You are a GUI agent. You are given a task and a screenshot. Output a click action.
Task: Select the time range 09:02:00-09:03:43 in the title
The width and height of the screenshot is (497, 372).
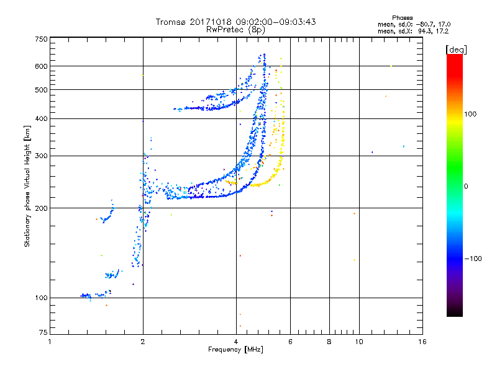pyautogui.click(x=276, y=22)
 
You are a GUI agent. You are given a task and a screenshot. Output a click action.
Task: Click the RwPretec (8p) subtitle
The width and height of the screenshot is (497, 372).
pyautogui.click(x=235, y=30)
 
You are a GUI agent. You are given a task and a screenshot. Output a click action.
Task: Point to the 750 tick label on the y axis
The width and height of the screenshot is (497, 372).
pyautogui.click(x=42, y=39)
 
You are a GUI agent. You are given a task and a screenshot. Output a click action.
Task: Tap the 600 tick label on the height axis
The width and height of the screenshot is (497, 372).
pyautogui.click(x=42, y=66)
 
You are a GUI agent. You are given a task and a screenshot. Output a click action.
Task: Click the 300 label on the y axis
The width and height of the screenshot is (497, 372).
pyautogui.click(x=42, y=156)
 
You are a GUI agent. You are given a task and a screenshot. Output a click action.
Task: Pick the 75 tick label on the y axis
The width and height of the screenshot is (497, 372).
pyautogui.click(x=43, y=332)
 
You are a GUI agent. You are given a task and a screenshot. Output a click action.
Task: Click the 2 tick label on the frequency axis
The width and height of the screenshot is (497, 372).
pyautogui.click(x=143, y=342)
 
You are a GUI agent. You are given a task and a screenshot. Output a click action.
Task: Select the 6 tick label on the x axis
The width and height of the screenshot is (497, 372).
pyautogui.click(x=290, y=342)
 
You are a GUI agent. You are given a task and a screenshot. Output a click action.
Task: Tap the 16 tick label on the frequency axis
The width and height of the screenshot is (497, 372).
pyautogui.click(x=422, y=342)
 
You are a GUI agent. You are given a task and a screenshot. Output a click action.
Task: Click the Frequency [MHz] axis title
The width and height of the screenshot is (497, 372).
pyautogui.click(x=235, y=350)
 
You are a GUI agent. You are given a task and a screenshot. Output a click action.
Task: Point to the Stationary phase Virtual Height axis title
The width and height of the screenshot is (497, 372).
pyautogui.click(x=27, y=186)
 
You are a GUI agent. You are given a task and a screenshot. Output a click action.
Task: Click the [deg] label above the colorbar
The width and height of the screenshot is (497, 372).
pyautogui.click(x=456, y=50)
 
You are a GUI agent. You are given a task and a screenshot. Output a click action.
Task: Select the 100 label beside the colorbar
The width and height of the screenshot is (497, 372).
pyautogui.click(x=470, y=114)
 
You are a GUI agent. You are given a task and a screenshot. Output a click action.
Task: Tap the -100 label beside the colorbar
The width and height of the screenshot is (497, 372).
pyautogui.click(x=473, y=259)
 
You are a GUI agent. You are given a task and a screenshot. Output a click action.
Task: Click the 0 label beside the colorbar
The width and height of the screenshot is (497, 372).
pyautogui.click(x=466, y=186)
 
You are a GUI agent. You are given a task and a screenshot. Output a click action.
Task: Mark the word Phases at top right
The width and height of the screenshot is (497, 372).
pyautogui.click(x=402, y=18)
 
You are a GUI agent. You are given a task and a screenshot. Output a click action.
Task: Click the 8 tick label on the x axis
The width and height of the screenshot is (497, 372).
pyautogui.click(x=329, y=342)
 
